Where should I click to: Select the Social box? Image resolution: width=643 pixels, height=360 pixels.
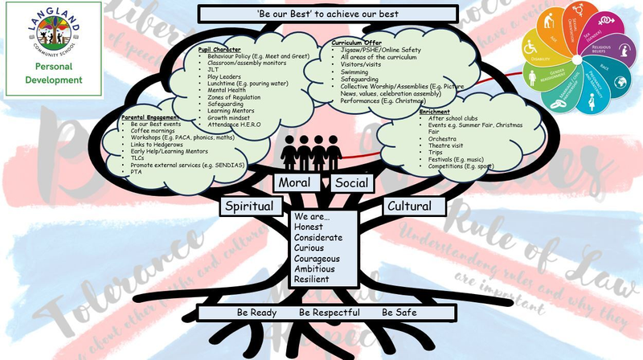click(x=351, y=183)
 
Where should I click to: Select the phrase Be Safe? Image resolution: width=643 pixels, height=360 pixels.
click(x=399, y=312)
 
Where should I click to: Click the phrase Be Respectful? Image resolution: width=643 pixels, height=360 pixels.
click(x=327, y=312)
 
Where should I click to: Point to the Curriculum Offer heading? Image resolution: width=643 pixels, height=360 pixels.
click(x=358, y=41)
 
